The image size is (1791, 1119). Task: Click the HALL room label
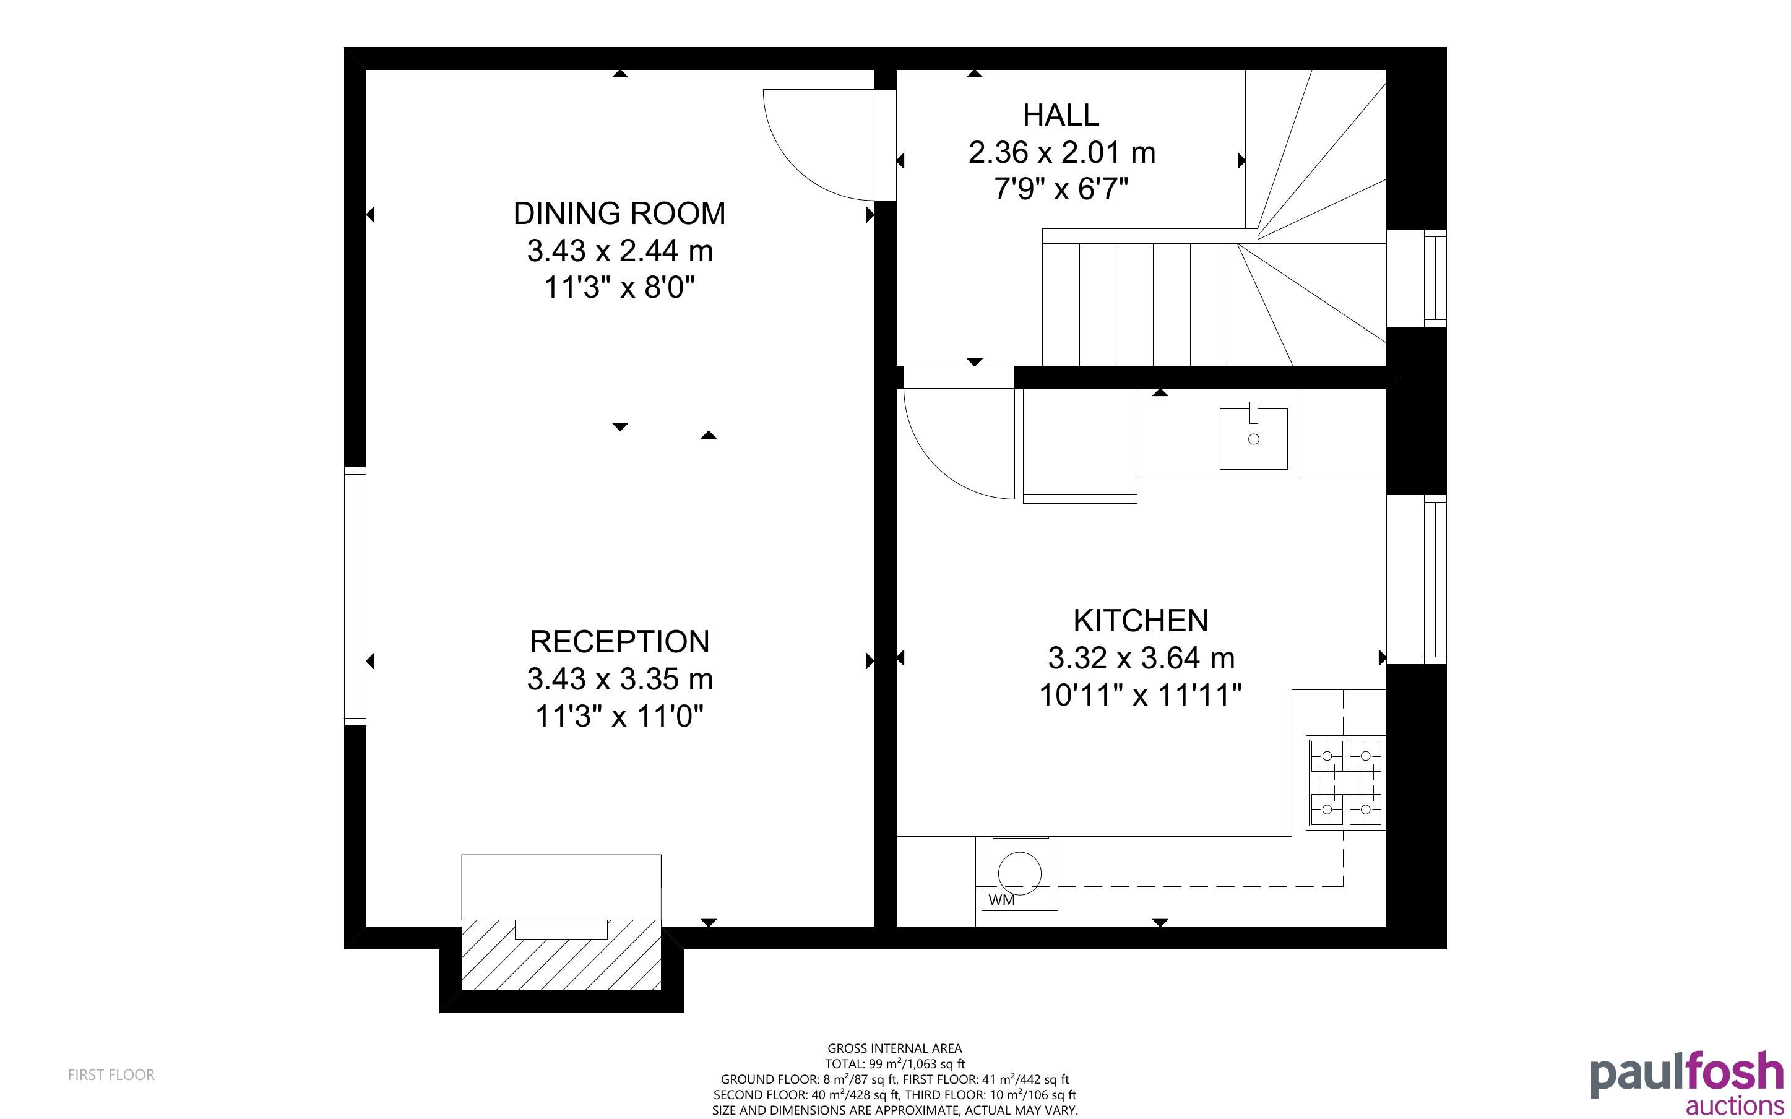pos(1061,114)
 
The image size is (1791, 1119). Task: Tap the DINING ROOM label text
pos(620,213)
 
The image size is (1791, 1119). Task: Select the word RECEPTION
pos(620,642)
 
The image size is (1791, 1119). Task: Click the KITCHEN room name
pos(1141,621)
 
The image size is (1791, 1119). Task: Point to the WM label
pos(1002,900)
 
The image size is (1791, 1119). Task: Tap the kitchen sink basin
pos(1253,439)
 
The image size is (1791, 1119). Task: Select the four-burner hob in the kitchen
pos(1345,782)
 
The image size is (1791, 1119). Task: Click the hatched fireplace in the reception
pos(561,955)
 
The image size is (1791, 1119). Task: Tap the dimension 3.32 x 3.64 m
pos(1141,658)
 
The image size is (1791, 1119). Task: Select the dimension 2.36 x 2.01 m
pos(1061,152)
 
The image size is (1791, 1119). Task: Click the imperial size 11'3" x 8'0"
pos(620,287)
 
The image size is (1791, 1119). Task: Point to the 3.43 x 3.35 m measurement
pos(620,679)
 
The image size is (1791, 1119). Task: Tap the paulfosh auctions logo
pos(1686,1082)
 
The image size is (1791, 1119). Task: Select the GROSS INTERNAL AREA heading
pos(894,1048)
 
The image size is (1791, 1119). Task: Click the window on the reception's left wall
pos(355,596)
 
